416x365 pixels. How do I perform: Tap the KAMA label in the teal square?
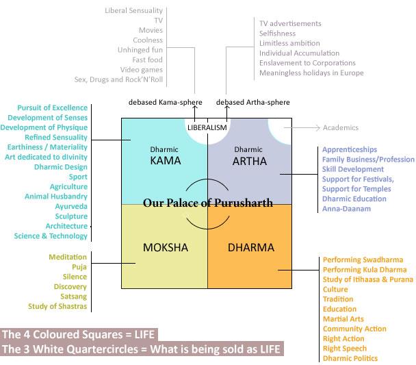click(165, 162)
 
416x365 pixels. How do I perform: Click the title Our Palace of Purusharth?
click(208, 203)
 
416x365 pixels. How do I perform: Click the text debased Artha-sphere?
click(252, 102)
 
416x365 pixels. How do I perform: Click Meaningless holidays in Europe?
click(311, 73)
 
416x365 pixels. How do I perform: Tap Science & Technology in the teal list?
click(51, 236)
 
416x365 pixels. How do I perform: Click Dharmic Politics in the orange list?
click(350, 359)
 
